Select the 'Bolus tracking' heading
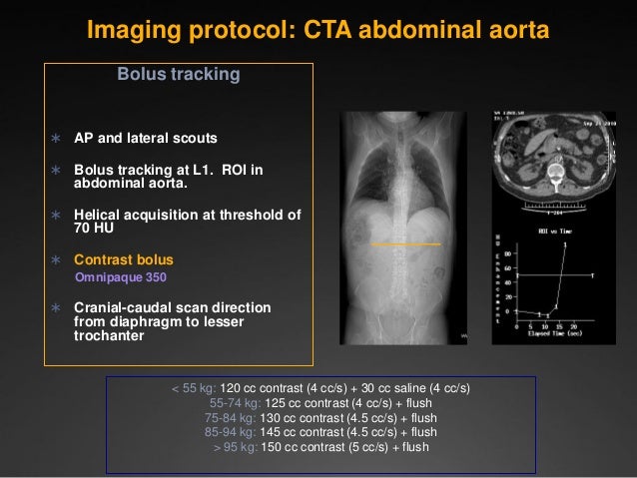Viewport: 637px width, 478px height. coord(179,75)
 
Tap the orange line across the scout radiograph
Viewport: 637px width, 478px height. coord(405,244)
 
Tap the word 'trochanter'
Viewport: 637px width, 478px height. coord(109,335)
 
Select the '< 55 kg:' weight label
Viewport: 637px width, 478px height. coord(193,388)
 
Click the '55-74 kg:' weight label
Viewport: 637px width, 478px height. coord(230,403)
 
